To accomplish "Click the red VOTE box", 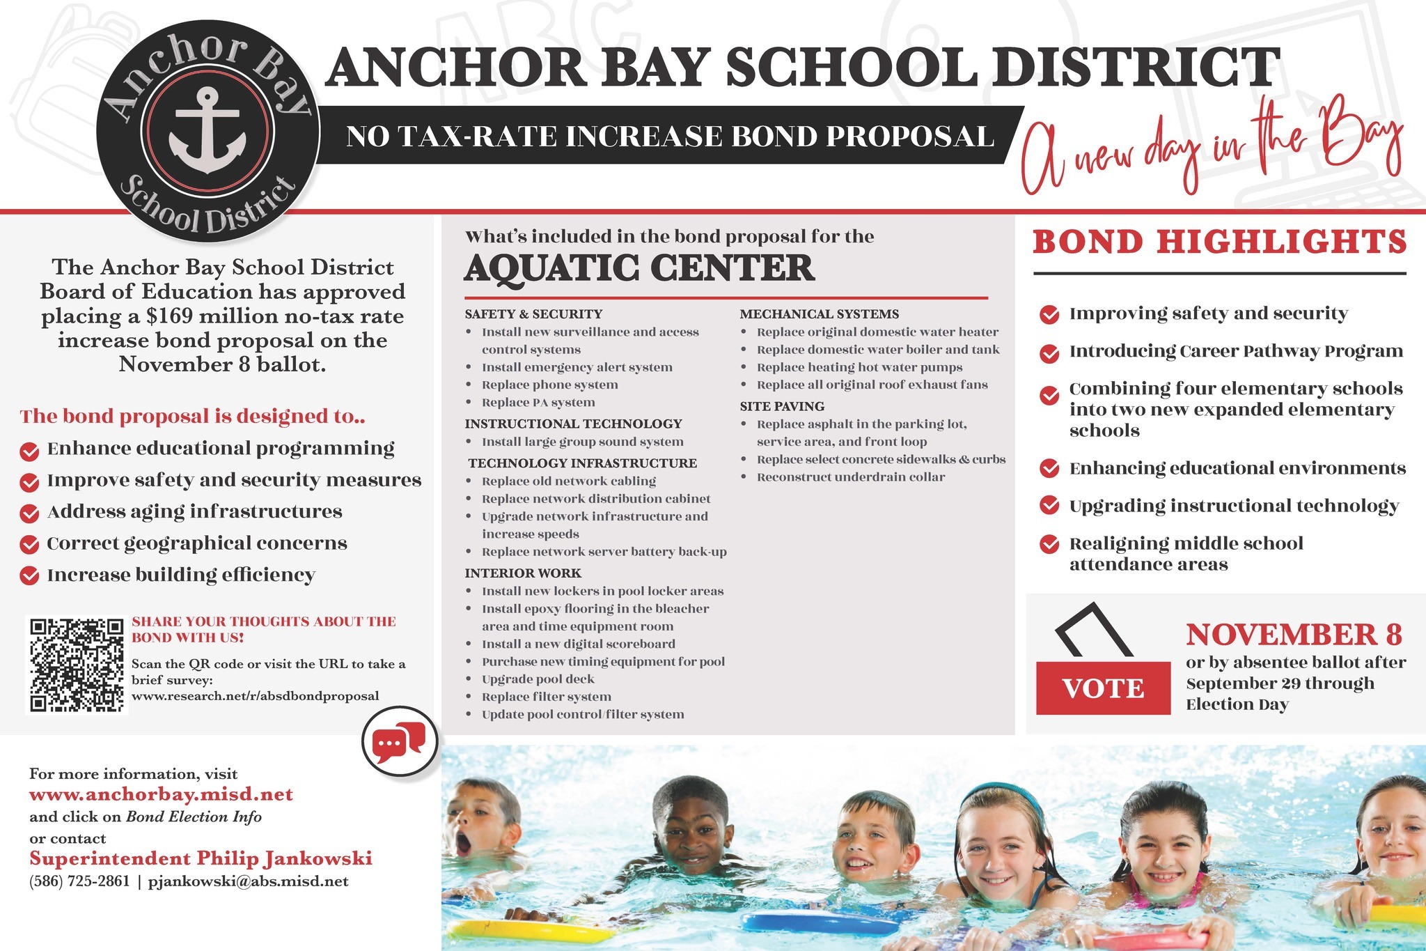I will click(1103, 688).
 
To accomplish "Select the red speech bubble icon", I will click(399, 742).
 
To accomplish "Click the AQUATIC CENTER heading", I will click(639, 268).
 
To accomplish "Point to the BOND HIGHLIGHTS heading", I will click(1219, 242).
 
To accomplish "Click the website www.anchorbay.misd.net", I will click(161, 795).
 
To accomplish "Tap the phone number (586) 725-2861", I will click(79, 881).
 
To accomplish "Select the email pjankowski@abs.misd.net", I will click(249, 881).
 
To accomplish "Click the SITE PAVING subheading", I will click(782, 406).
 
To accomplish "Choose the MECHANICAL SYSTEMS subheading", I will click(820, 314).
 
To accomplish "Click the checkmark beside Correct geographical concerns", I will click(29, 544).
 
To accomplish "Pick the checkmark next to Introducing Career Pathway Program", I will click(1049, 353).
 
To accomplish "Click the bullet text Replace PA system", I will click(538, 402).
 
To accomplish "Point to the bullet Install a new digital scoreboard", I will click(578, 644).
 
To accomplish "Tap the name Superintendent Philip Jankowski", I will click(201, 858).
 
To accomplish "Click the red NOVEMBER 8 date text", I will click(1294, 635).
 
